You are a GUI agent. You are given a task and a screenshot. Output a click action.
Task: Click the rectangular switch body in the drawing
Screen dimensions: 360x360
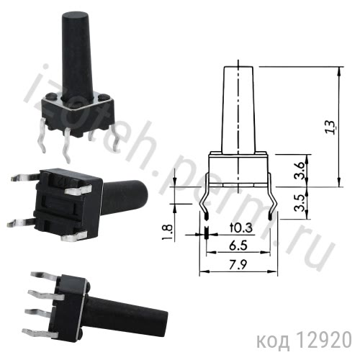tap(238, 165)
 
